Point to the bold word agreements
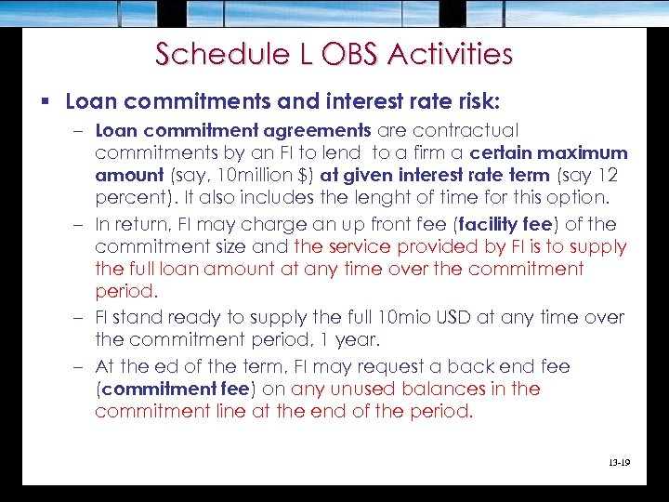(316, 130)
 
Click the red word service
(362, 247)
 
